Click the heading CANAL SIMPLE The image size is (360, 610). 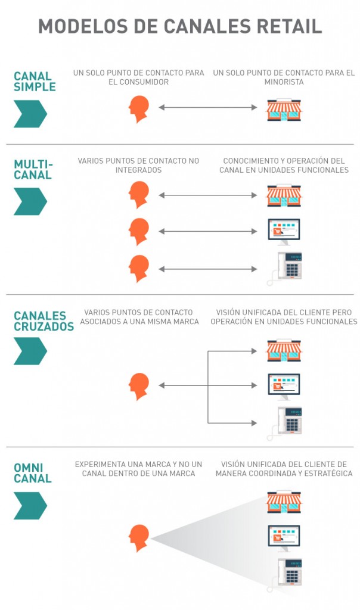(35, 82)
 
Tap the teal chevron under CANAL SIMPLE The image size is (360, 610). (30, 114)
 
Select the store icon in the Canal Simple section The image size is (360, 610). (284, 110)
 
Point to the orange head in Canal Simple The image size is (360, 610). (139, 109)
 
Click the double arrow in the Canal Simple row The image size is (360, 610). (207, 107)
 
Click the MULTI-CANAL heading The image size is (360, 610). (33, 169)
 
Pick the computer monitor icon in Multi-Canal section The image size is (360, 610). (284, 231)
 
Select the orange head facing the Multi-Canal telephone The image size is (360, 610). (139, 267)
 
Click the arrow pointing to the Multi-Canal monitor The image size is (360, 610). (207, 231)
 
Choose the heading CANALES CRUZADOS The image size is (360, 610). (44, 320)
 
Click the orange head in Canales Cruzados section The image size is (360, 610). (139, 385)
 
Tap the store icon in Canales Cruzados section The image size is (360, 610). (284, 350)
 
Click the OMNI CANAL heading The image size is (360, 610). (33, 473)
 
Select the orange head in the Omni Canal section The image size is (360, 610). (139, 538)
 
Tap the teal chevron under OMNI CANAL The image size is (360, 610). (30, 506)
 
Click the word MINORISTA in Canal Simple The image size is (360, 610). (284, 82)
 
